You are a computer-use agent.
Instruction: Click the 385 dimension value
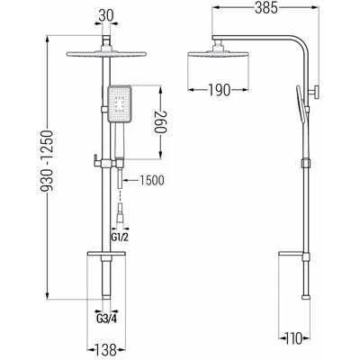click(x=266, y=8)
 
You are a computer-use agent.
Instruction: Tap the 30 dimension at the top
click(x=106, y=15)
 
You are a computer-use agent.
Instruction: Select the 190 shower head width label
click(x=220, y=90)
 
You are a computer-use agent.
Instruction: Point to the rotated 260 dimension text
click(x=160, y=122)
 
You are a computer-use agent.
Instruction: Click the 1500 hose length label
click(x=152, y=181)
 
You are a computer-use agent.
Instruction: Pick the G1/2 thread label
click(x=120, y=238)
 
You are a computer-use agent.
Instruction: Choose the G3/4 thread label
click(x=106, y=319)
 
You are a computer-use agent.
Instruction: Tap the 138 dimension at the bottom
click(x=106, y=350)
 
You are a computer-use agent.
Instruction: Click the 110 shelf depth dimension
click(x=293, y=338)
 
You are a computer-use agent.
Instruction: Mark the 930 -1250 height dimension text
click(x=47, y=161)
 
